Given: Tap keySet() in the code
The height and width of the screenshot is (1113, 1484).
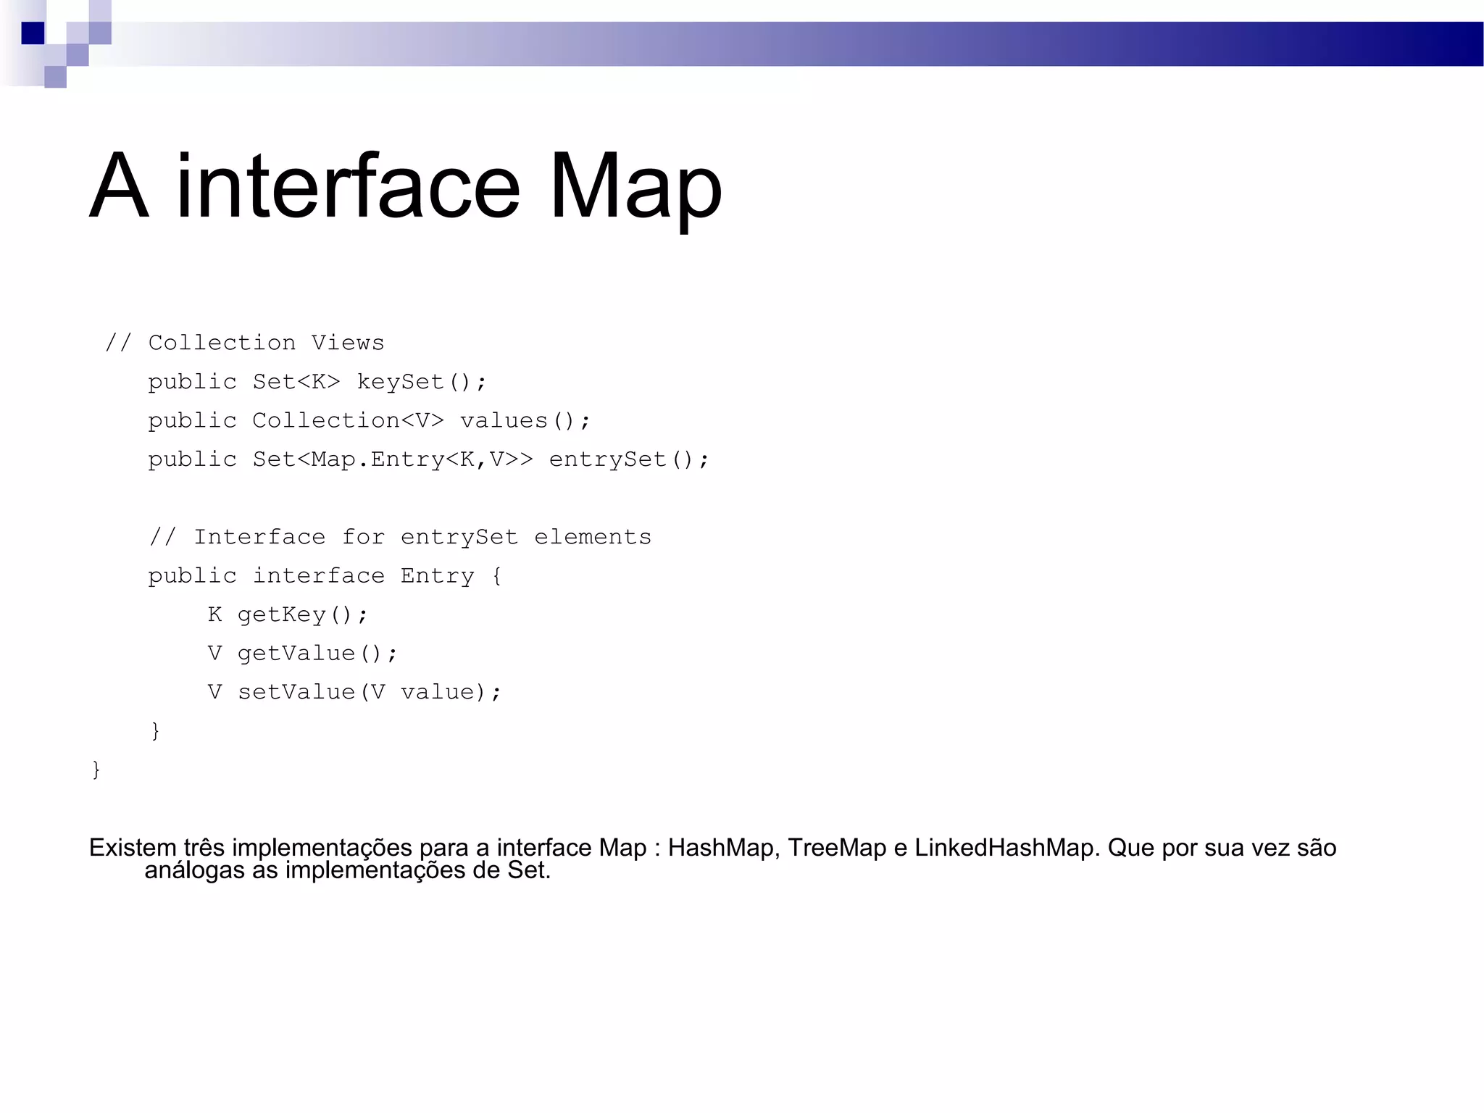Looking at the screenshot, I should tap(421, 382).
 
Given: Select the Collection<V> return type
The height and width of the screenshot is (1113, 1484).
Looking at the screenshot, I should tap(348, 420).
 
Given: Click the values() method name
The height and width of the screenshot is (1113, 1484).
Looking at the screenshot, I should tap(525, 420).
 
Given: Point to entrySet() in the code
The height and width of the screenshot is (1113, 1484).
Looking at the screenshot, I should tap(628, 459).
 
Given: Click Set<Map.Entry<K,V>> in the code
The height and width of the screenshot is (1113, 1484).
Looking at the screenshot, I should tap(392, 459).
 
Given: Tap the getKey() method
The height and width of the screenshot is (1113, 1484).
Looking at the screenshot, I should tap(302, 614).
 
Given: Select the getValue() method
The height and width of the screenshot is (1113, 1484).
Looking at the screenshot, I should tap(317, 654).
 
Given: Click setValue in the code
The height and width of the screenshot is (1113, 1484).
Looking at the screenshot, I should tap(296, 692).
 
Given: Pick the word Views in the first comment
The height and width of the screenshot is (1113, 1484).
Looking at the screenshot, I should tap(348, 343).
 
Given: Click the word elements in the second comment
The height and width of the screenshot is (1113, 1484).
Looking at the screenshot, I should tap(593, 537).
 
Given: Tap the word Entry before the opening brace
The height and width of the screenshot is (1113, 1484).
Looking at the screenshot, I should tap(437, 576).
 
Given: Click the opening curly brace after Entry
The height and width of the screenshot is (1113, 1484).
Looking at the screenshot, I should tap(496, 577).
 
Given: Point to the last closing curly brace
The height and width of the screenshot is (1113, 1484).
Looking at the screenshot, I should tap(96, 770).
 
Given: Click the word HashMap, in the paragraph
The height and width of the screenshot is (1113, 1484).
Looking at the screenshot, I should tap(723, 848).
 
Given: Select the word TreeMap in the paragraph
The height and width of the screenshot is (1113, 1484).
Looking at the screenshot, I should tap(837, 848).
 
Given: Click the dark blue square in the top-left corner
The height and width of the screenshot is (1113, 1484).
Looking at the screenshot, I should tap(33, 33).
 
